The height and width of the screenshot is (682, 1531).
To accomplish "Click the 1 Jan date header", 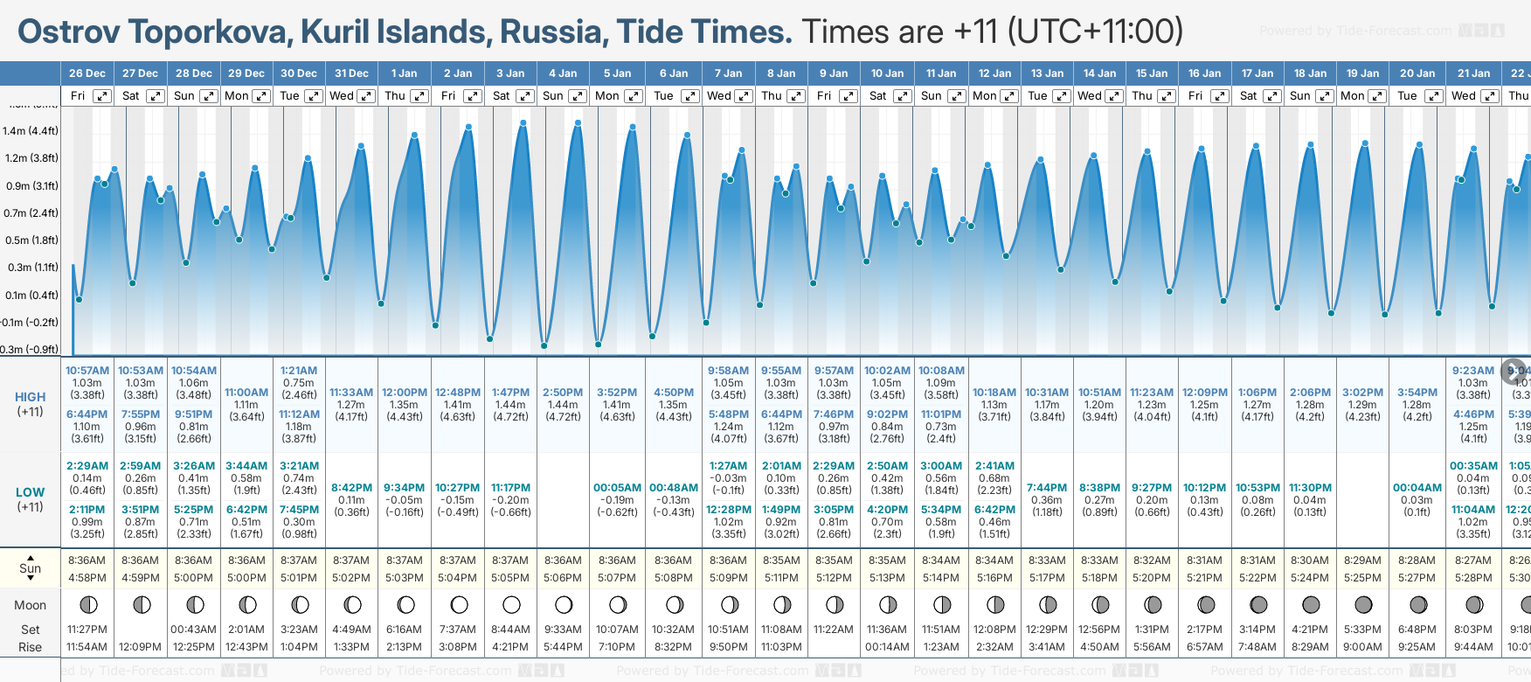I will [404, 73].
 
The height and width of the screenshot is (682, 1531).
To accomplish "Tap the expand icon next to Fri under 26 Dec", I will [102, 96].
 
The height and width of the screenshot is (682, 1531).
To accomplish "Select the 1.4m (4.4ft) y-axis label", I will [31, 131].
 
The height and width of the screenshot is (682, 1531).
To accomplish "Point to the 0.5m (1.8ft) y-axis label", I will [31, 240].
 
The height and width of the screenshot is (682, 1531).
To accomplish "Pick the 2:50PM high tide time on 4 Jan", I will [563, 393].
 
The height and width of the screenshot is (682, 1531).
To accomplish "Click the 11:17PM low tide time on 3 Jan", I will [510, 488].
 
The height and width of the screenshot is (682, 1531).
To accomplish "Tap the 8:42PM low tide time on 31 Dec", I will [351, 488].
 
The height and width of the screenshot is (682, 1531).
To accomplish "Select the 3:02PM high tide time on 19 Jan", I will [1362, 393].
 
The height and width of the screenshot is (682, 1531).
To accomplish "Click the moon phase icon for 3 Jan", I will [511, 604].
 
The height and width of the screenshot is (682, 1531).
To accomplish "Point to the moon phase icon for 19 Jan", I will [1362, 604].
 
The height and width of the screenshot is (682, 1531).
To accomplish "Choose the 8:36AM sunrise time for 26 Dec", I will [87, 560].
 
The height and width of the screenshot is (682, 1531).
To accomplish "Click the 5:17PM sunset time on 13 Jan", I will [1046, 578].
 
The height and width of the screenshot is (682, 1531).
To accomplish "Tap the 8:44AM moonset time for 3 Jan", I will [510, 630].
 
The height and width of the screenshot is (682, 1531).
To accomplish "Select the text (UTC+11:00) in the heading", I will [1095, 32].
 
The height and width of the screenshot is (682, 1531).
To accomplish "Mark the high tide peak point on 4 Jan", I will [578, 122].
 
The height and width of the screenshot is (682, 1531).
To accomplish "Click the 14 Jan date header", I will [1100, 73].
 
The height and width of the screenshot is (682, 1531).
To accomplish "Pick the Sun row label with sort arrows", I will [31, 567].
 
